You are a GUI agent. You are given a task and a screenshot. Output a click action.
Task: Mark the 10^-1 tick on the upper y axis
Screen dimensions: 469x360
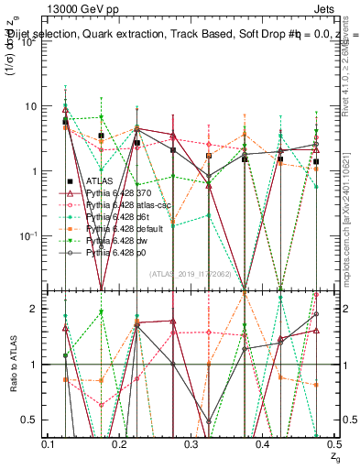click(x=30, y=235)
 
